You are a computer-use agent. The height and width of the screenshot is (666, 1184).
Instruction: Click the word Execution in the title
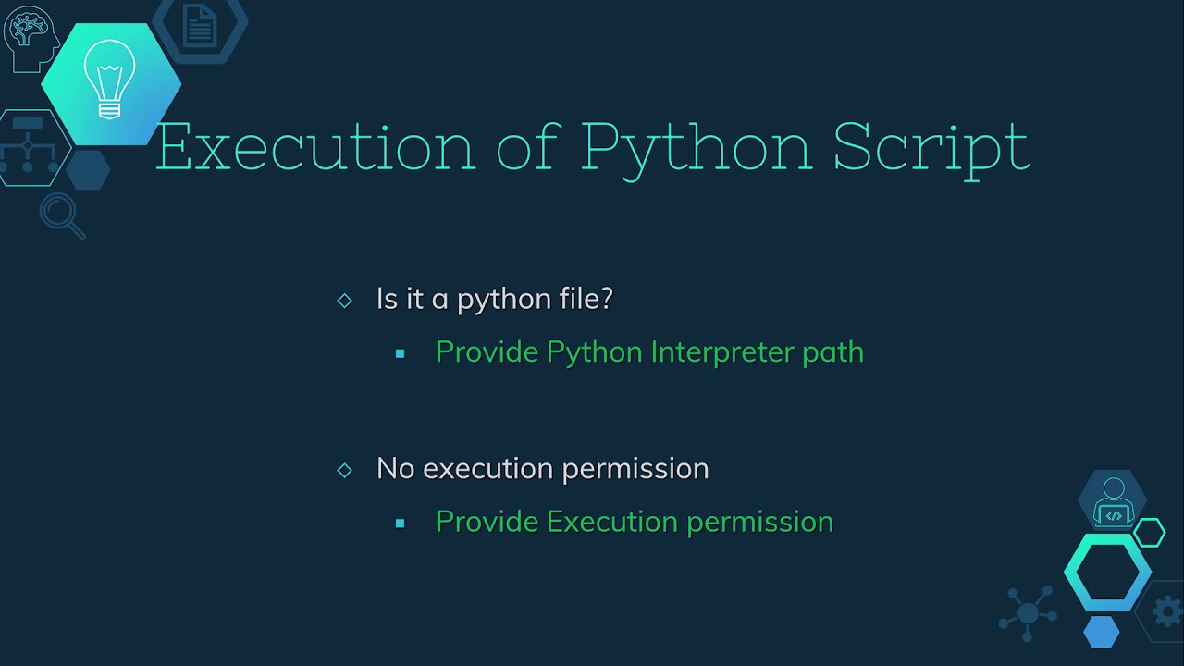314,146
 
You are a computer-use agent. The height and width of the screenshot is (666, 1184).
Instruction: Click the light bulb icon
110,80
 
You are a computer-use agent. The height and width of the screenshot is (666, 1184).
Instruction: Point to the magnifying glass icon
61,215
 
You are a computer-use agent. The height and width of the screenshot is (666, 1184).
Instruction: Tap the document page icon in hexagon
199,26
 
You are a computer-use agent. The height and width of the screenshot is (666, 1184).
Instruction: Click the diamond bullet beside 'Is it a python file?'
345,301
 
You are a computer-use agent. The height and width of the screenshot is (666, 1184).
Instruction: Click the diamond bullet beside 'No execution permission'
345,470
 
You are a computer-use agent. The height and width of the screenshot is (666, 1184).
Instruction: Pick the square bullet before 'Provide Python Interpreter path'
400,353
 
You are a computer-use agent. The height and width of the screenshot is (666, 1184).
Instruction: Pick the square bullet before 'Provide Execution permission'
400,523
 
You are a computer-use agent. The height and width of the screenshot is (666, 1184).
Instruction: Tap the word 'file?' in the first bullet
586,298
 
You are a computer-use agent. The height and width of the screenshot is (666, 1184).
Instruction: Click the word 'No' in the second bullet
395,468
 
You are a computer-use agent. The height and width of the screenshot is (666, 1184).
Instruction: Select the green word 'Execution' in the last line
612,521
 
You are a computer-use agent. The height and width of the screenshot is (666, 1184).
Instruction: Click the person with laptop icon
1112,502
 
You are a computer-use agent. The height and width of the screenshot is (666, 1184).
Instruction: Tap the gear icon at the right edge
1167,611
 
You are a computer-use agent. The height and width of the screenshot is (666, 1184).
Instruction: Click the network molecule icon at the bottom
1028,611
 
